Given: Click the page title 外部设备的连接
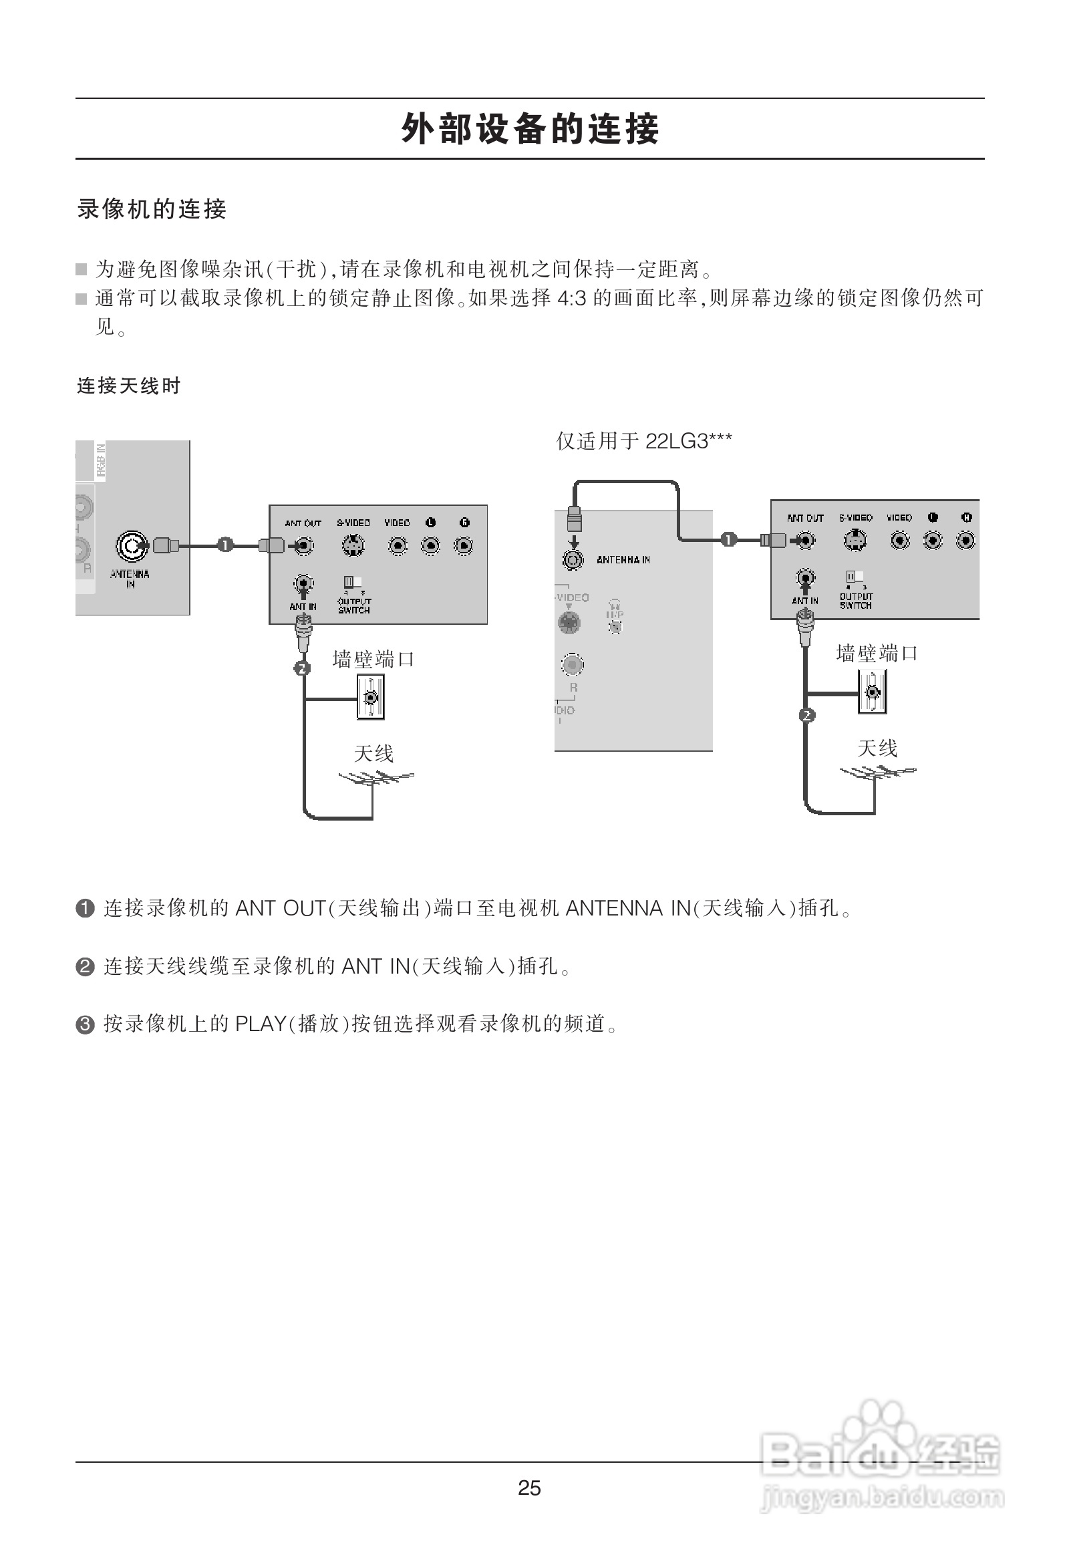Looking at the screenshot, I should (x=530, y=128).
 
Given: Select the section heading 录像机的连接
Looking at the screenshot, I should (x=152, y=209).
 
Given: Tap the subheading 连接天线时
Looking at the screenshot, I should (x=128, y=386).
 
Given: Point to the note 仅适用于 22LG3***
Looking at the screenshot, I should (x=643, y=441).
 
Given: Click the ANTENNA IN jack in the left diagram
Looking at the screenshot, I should (x=131, y=546).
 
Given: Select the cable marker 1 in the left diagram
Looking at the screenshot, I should (x=226, y=545).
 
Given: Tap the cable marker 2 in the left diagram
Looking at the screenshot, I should (x=303, y=668).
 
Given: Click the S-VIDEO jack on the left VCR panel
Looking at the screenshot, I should (x=353, y=546).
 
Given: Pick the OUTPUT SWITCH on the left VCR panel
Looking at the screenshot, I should (x=353, y=582).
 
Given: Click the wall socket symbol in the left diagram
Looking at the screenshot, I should (x=371, y=698).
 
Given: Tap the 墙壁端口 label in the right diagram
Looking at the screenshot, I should (x=876, y=654).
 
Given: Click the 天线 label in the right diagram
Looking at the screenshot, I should (x=877, y=748).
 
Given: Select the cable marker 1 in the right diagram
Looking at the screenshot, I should (x=728, y=539).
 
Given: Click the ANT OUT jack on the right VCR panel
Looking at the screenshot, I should (x=806, y=540).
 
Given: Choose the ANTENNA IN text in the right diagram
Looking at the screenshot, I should (x=623, y=560).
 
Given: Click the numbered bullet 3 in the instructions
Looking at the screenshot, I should (x=85, y=1025).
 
